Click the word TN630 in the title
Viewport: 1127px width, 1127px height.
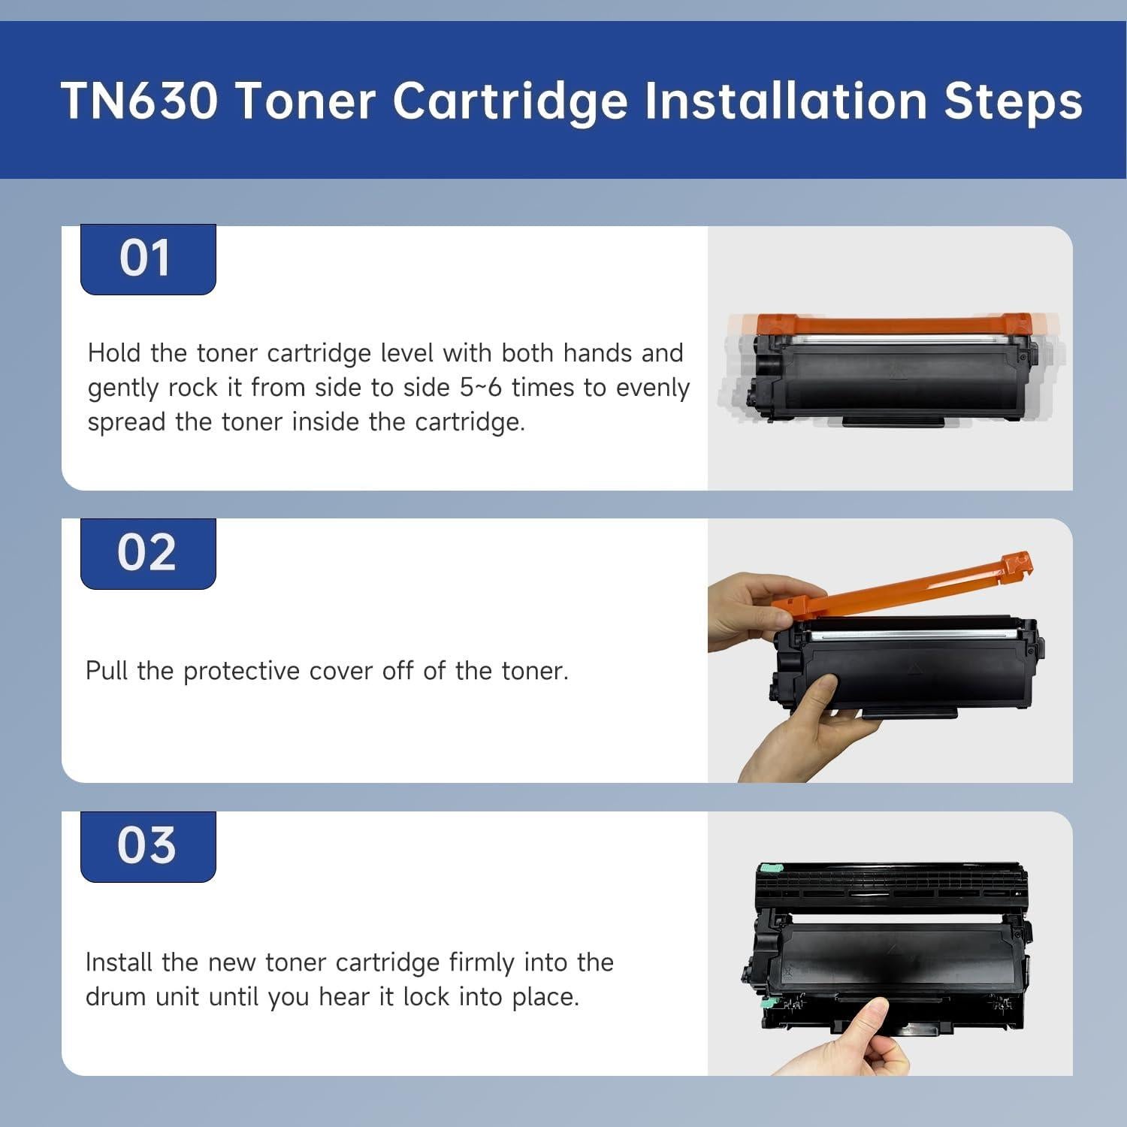[x=139, y=100]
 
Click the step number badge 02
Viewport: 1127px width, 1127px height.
[x=147, y=554]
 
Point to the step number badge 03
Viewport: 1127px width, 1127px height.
[x=147, y=846]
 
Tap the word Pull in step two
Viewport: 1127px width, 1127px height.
[x=107, y=671]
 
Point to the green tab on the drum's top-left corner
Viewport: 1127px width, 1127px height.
[x=768, y=869]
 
